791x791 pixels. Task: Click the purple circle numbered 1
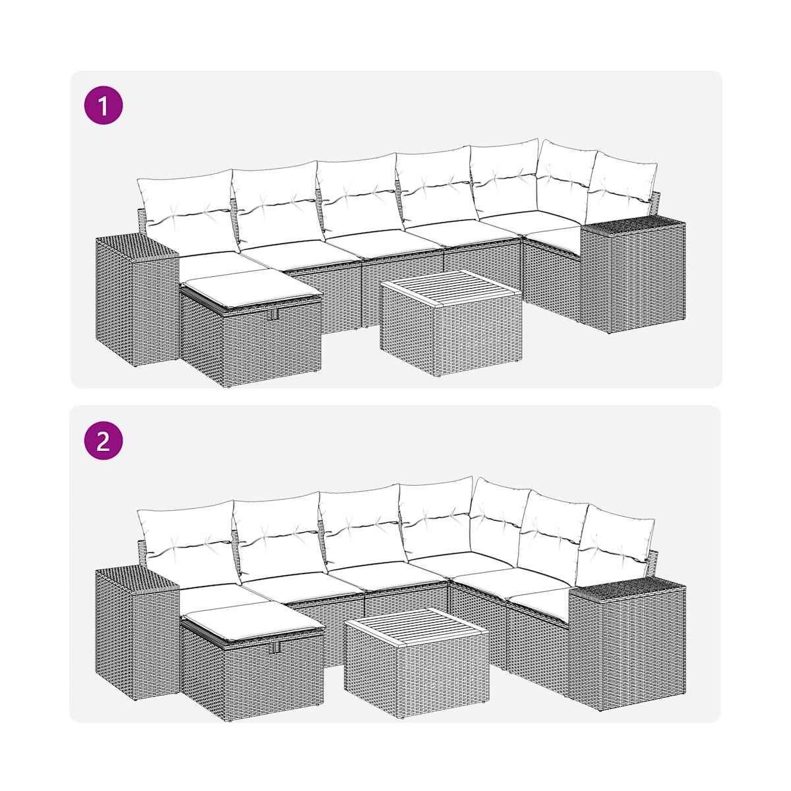tap(103, 105)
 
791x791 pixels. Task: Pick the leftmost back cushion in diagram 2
tap(189, 544)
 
